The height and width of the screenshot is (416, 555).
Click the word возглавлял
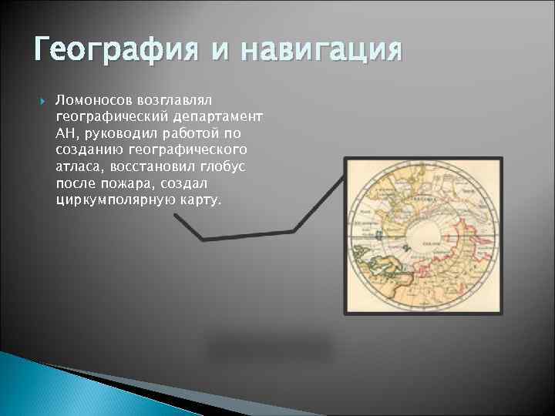[x=180, y=101]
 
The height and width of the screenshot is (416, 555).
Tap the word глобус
[x=219, y=166]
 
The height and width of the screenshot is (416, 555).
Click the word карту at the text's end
[x=200, y=199]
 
